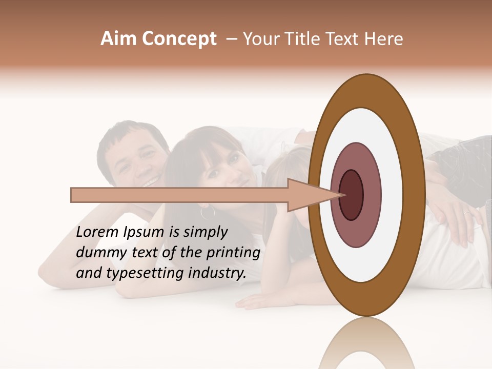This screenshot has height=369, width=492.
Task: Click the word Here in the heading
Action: (x=384, y=39)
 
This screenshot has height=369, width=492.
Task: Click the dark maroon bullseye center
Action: (x=352, y=195)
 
